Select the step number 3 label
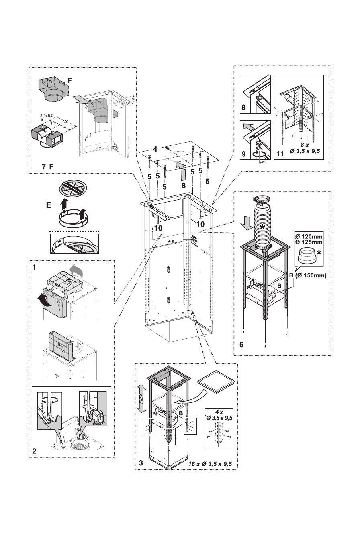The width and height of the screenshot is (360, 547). pyautogui.click(x=141, y=463)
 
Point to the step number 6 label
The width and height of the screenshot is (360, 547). pyautogui.click(x=241, y=344)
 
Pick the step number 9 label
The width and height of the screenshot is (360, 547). pyautogui.click(x=243, y=154)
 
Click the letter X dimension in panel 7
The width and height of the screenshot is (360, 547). pyautogui.click(x=67, y=121)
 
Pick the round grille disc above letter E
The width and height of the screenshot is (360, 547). pyautogui.click(x=71, y=188)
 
